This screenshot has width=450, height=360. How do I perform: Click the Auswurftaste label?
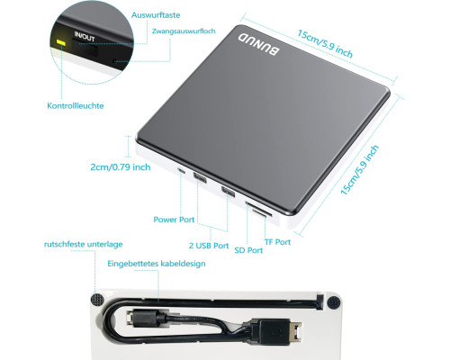tap(156, 15)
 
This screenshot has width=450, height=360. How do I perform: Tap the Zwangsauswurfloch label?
tap(184, 31)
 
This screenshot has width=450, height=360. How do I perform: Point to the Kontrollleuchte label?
tap(76, 105)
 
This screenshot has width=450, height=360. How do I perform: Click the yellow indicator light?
tap(61, 42)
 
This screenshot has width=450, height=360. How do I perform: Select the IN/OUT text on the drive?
tap(85, 36)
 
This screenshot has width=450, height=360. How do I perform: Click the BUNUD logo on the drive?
tap(259, 45)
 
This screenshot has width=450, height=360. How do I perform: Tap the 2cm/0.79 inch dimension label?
tap(121, 167)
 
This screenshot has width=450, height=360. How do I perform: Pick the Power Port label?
tap(174, 220)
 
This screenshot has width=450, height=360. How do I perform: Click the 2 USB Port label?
tap(209, 246)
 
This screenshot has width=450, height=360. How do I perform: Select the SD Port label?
tap(248, 250)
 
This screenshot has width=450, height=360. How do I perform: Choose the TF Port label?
tap(277, 242)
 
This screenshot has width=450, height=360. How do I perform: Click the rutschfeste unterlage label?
tap(84, 244)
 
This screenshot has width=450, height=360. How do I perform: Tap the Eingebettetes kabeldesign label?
tap(157, 264)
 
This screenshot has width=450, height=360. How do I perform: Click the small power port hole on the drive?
tap(182, 171)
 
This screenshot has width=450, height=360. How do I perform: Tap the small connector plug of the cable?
tap(140, 317)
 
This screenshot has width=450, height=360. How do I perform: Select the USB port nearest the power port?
tap(200, 178)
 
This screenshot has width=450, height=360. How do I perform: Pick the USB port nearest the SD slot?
tap(228, 191)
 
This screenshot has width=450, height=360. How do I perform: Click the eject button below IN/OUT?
tap(89, 49)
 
